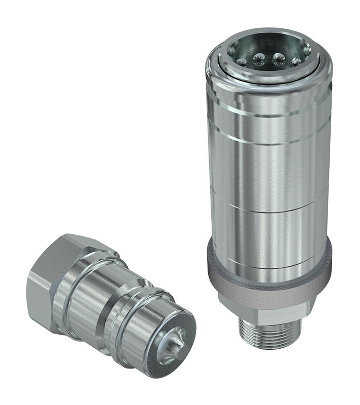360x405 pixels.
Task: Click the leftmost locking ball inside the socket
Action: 242,62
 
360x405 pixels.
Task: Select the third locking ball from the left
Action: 278,59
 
